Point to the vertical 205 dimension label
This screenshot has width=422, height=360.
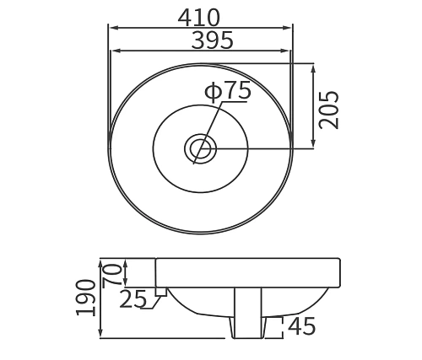[x=329, y=109]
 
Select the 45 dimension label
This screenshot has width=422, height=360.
[x=302, y=325]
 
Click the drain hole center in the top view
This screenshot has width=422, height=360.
[x=201, y=150]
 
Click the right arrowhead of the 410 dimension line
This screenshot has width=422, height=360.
[x=292, y=27]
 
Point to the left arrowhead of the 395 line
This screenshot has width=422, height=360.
[x=115, y=49]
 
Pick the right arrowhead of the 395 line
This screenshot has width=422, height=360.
[x=288, y=49]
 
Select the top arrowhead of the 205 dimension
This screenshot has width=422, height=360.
[x=313, y=67]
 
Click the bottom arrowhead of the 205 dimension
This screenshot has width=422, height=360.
[x=313, y=148]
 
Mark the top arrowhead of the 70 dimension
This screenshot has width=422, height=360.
[x=125, y=261]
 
